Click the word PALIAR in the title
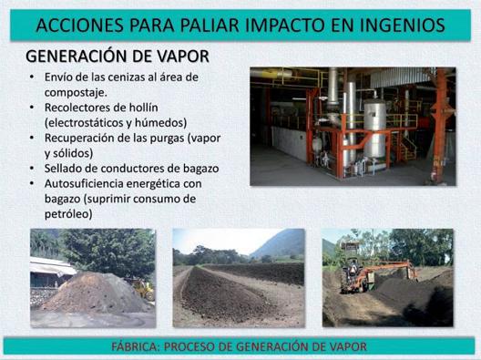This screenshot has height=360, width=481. click(x=210, y=26)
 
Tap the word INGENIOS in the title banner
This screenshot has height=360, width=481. click(x=402, y=26)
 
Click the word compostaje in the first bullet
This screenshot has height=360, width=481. click(x=76, y=92)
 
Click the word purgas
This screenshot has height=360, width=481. click(x=167, y=139)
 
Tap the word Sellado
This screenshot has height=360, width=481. click(x=64, y=169)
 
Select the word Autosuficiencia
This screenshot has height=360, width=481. click(x=84, y=183)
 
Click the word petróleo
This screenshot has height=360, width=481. click(x=68, y=214)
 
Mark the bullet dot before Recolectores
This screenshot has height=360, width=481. click(x=32, y=108)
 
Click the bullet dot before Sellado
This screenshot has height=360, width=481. click(x=32, y=169)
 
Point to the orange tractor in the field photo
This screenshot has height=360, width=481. click(x=357, y=275)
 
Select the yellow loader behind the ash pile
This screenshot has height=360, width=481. click(x=144, y=289)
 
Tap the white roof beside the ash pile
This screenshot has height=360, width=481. click(x=52, y=265)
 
